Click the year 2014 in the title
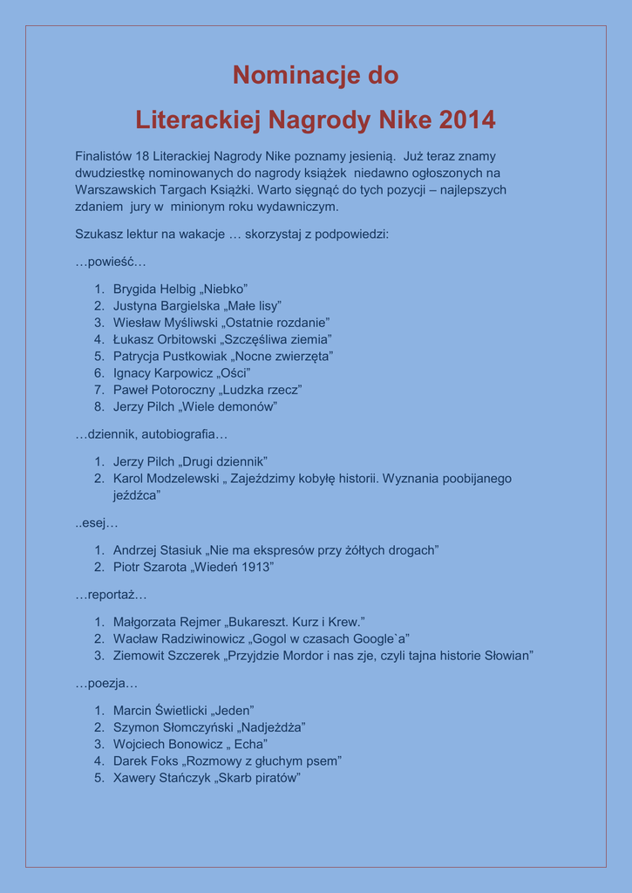(x=467, y=120)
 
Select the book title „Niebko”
(x=224, y=289)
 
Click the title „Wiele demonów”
(x=228, y=406)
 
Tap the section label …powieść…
(x=111, y=262)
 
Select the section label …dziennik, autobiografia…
(x=151, y=433)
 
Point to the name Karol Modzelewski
(x=166, y=479)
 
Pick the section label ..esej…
(x=96, y=523)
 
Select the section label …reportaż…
(x=111, y=595)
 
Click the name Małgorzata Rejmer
(x=167, y=622)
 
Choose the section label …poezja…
(x=106, y=684)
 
